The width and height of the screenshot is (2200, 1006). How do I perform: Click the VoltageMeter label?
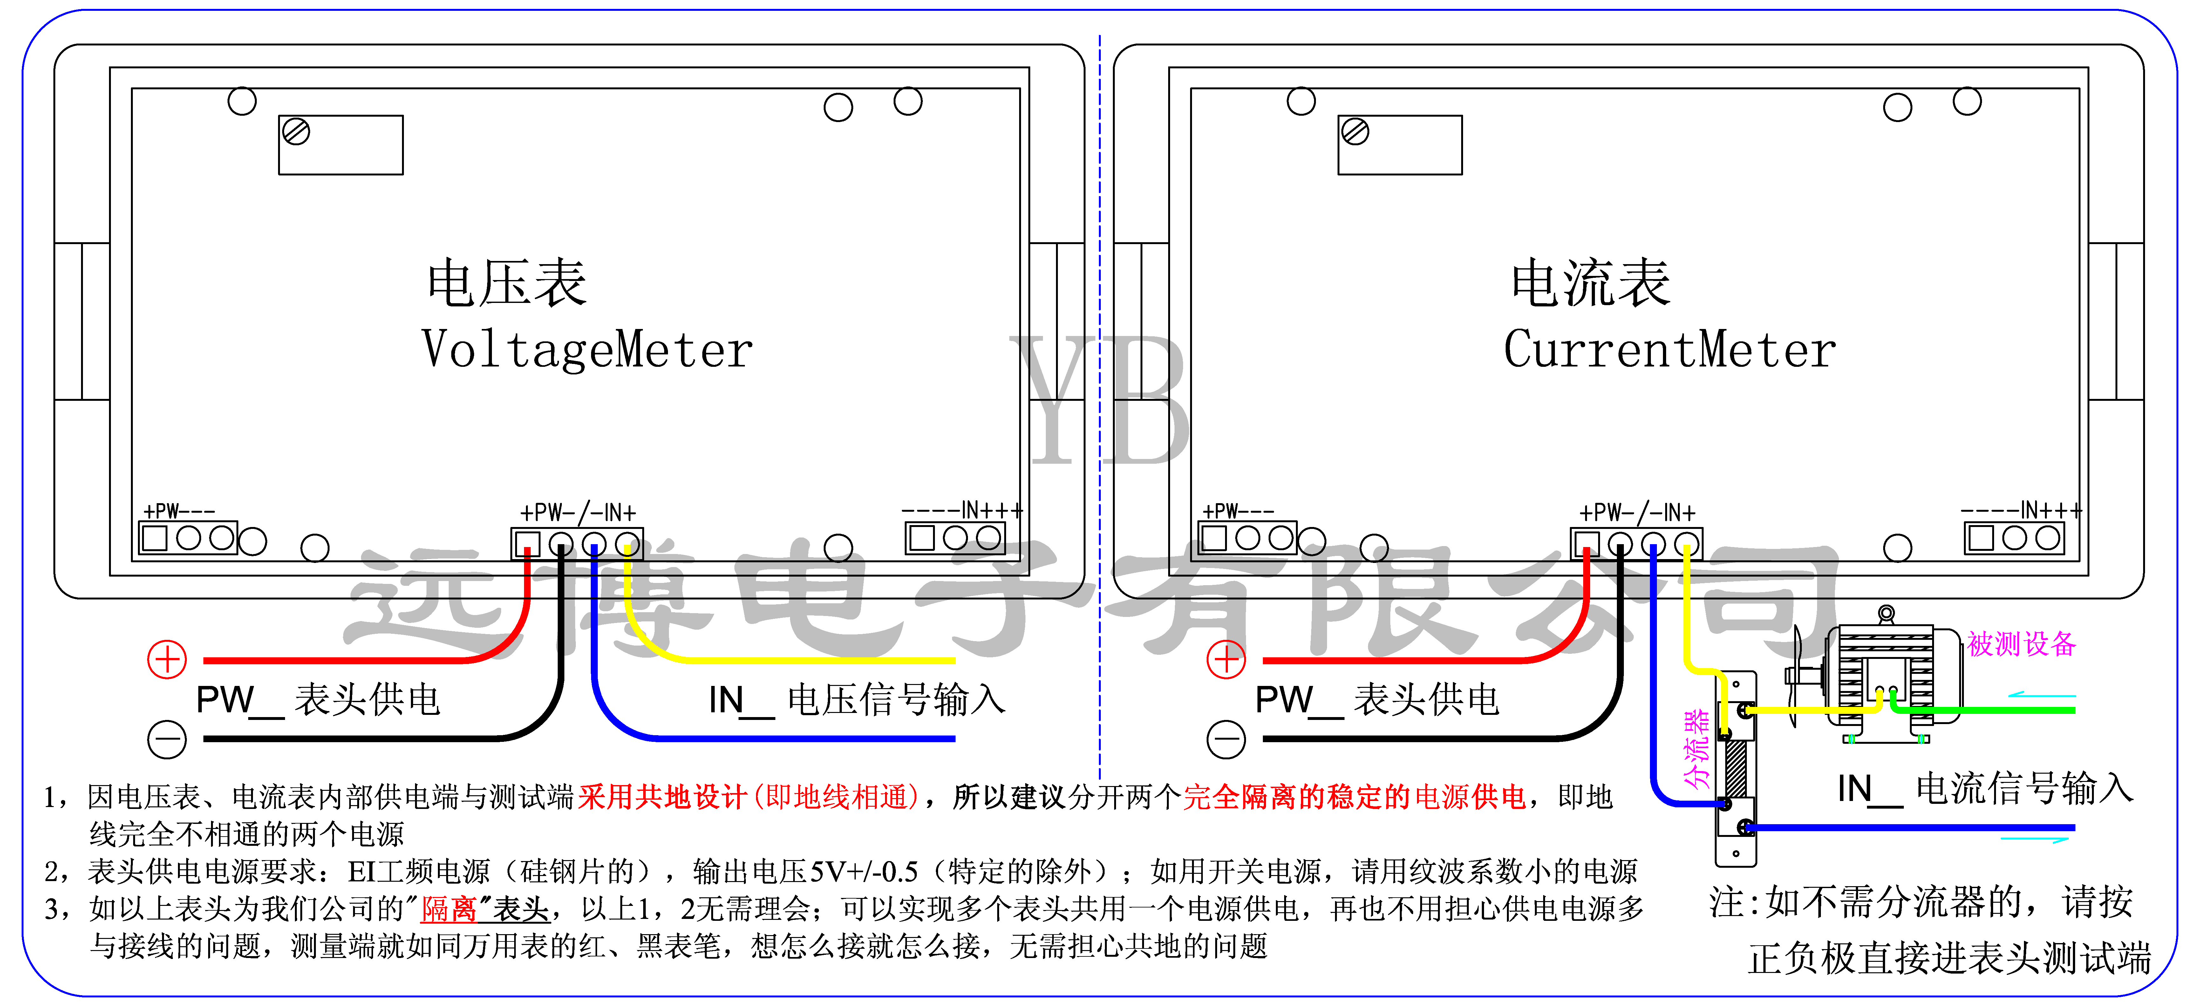pyautogui.click(x=588, y=350)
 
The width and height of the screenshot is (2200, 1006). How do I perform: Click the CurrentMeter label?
pyautogui.click(x=1670, y=350)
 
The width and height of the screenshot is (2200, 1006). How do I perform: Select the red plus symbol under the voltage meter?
pyautogui.click(x=167, y=659)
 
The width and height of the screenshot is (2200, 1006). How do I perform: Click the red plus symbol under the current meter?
pyautogui.click(x=1226, y=659)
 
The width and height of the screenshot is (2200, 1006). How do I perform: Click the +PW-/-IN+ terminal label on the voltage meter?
pyautogui.click(x=578, y=512)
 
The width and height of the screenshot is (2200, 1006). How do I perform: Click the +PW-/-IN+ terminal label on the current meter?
pyautogui.click(x=1637, y=512)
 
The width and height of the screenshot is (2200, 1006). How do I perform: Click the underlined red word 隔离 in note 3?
pyautogui.click(x=448, y=909)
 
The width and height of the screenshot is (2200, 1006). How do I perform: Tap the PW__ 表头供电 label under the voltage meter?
pyautogui.click(x=318, y=700)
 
